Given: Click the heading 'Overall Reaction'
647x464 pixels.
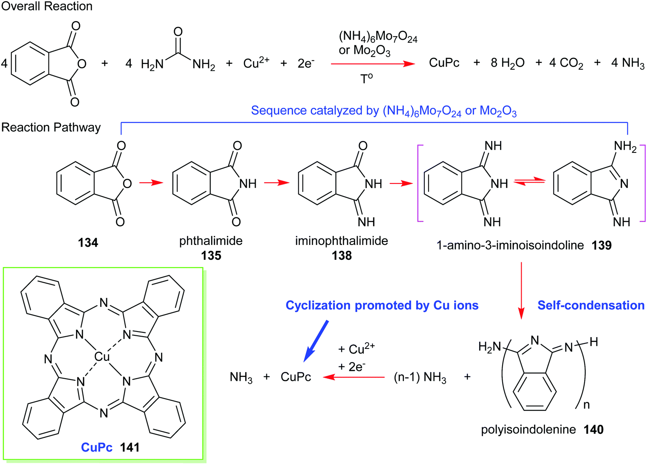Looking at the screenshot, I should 47,6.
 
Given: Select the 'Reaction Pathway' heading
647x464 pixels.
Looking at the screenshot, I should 51,127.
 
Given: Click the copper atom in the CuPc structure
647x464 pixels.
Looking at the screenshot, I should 102,357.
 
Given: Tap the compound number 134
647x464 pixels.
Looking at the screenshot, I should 88,243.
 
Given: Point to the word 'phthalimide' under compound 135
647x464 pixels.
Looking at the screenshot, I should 211,241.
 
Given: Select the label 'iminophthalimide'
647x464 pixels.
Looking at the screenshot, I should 342,241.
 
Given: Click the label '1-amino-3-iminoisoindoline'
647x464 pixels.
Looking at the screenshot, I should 510,245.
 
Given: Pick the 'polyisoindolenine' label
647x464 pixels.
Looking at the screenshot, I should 528,430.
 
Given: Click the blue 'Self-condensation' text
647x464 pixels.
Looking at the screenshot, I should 591,305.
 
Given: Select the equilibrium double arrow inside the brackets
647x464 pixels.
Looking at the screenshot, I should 529,181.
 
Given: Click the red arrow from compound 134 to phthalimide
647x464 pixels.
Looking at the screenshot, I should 151,183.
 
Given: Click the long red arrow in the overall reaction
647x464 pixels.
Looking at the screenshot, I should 372,64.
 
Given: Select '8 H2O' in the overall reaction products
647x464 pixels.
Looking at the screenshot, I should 507,63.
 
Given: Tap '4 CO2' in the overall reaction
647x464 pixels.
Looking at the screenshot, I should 566,63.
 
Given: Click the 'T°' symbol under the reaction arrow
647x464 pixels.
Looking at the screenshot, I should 366,79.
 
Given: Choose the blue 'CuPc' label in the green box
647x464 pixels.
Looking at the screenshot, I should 96,447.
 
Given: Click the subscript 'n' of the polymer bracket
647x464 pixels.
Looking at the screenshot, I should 587,405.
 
